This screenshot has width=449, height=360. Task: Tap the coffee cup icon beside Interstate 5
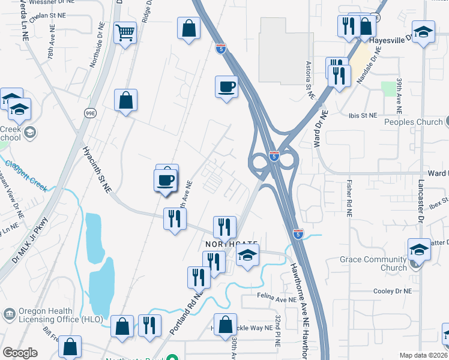(x=226, y=86)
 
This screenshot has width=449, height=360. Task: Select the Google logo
(x=20, y=353)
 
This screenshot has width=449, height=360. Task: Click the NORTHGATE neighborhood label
(x=232, y=245)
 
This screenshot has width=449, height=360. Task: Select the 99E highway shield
(x=91, y=112)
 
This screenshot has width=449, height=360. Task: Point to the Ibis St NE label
(x=363, y=115)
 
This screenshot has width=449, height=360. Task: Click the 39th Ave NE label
(x=399, y=95)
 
